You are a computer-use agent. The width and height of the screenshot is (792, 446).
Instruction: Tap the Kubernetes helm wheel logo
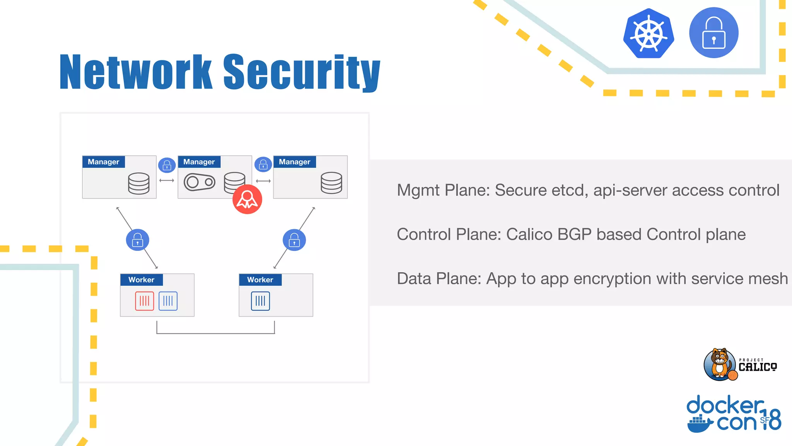click(x=649, y=34)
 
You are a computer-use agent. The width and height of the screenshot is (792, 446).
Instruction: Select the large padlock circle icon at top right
click(x=713, y=33)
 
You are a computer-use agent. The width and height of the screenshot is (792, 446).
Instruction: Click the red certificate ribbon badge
click(x=247, y=199)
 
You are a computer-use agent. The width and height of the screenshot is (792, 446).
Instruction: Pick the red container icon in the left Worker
click(x=145, y=301)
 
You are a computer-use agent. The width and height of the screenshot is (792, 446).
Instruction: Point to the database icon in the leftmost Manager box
click(x=139, y=183)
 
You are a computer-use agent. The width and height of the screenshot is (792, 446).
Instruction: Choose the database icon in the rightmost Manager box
click(x=331, y=183)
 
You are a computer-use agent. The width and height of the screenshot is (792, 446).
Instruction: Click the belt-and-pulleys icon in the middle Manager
click(x=200, y=182)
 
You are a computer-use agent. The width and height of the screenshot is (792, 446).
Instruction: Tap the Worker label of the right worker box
click(x=260, y=280)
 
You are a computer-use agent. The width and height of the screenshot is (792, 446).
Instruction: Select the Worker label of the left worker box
click(x=142, y=280)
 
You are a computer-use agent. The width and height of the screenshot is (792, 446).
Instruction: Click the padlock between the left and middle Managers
click(x=167, y=165)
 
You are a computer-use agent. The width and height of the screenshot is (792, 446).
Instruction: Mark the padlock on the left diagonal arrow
click(x=138, y=240)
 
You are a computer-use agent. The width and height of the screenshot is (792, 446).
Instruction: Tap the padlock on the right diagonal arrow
click(x=294, y=240)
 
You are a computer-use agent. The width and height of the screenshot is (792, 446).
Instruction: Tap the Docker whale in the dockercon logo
click(x=700, y=424)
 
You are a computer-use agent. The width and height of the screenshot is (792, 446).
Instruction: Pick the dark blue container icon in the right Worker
click(x=260, y=301)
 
